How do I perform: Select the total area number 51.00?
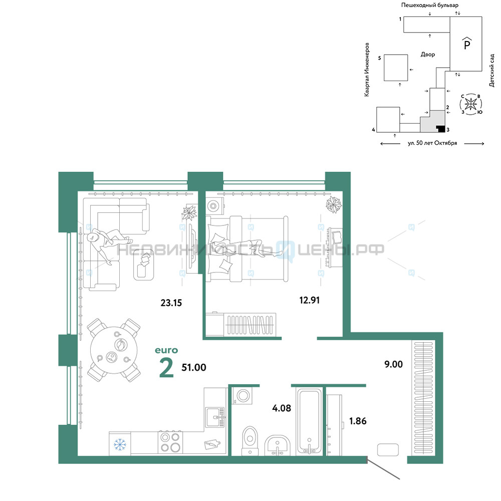[193, 367]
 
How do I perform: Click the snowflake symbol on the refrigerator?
[119, 444]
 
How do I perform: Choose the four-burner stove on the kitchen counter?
[170, 443]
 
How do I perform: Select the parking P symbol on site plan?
[466, 45]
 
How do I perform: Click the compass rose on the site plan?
[470, 104]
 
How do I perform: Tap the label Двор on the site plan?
[428, 54]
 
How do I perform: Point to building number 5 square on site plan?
[396, 68]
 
